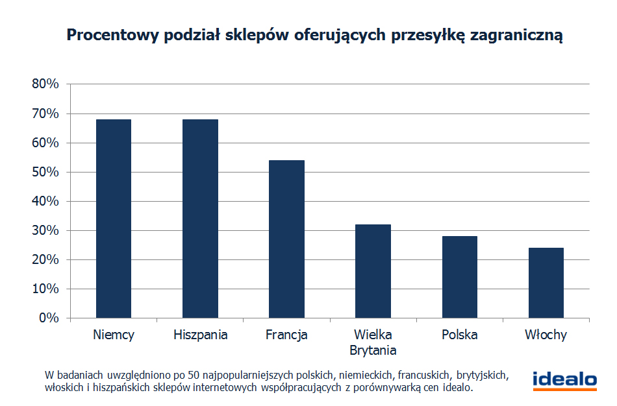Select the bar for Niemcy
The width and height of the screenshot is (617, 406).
[x=113, y=219]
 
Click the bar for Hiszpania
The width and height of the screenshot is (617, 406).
[x=200, y=219]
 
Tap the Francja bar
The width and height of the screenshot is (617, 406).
[x=286, y=239]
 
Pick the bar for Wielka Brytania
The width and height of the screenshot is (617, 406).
[x=373, y=271]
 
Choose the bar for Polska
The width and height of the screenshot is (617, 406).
[x=460, y=277]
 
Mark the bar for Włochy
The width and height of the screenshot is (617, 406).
[x=546, y=283]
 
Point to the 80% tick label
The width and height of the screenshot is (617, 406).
[x=45, y=84]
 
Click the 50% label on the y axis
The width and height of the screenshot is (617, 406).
[x=45, y=172]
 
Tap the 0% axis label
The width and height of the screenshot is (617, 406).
[x=49, y=318]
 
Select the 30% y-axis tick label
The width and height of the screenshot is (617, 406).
[x=45, y=230]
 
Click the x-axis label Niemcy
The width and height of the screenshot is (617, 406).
[x=114, y=335]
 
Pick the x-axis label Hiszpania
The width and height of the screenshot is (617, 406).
[x=201, y=335]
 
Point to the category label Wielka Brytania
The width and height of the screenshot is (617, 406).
[x=373, y=342]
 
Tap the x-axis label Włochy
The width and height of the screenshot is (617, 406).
[x=546, y=335]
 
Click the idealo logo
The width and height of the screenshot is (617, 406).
[x=564, y=380]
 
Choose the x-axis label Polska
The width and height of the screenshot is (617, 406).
[x=460, y=335]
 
